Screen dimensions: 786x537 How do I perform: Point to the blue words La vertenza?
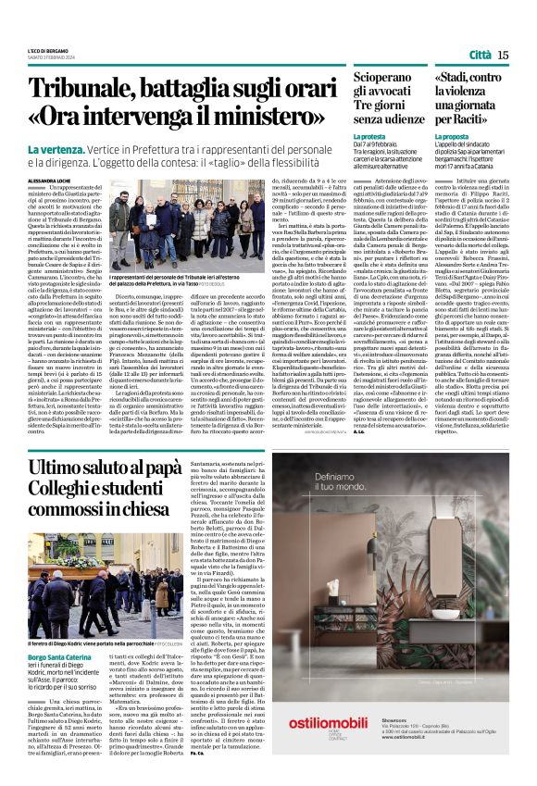click(55, 149)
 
